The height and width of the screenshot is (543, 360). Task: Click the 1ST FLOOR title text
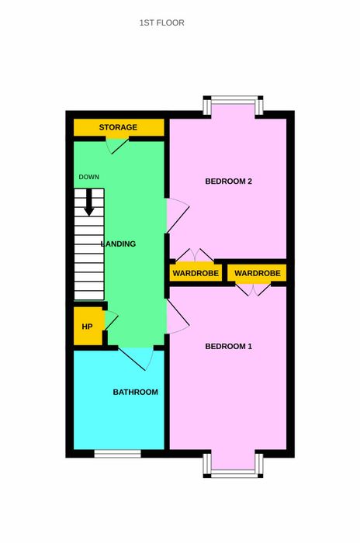tap(162, 22)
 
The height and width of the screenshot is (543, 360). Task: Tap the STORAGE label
tap(118, 127)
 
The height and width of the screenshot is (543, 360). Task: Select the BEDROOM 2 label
tap(228, 181)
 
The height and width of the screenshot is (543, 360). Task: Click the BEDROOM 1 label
tap(228, 346)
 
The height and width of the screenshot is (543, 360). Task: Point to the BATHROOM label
tap(136, 392)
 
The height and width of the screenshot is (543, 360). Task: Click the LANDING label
tap(118, 244)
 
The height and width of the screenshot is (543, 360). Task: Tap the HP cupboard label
tap(87, 327)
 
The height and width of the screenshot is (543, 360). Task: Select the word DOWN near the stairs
tap(89, 177)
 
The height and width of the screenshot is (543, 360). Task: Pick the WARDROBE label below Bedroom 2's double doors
tap(196, 273)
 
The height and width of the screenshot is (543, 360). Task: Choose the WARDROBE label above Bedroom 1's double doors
tap(258, 273)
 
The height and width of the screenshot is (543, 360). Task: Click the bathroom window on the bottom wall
tap(118, 454)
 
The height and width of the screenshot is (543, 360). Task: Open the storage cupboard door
tap(117, 146)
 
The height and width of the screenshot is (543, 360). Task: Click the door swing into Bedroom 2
tap(178, 216)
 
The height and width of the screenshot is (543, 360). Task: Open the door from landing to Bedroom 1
tap(178, 316)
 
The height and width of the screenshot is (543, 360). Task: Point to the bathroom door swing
tap(137, 358)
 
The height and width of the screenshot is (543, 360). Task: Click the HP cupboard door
tap(111, 320)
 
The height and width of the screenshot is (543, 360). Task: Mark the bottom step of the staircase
tap(89, 296)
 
